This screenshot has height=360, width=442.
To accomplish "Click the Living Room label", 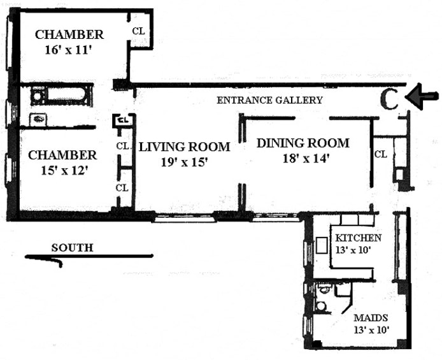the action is tap(185, 147).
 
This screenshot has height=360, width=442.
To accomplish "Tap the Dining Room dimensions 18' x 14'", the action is tap(306, 159).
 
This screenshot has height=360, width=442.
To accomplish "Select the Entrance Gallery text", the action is tap(269, 100).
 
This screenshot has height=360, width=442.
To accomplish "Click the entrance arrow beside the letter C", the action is tap(422, 96).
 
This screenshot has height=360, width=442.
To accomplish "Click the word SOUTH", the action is tap(72, 248).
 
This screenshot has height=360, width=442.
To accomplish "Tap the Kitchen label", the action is tap(358, 238).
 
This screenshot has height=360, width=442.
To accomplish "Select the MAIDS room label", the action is tap(371, 318).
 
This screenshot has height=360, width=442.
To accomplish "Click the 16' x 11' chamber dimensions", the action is tap(69, 50).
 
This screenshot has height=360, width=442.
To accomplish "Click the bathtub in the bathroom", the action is tap(61, 95).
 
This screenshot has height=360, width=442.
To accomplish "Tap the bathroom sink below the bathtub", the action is tap(38, 119).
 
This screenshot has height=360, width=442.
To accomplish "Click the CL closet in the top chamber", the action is tap(138, 31).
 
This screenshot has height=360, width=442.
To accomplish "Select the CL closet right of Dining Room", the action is tap(381, 154).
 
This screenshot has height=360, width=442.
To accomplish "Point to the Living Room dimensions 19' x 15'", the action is tap(184, 162).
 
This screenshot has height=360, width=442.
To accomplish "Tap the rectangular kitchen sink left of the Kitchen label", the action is tap(322, 245).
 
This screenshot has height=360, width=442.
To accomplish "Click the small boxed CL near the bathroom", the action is tap(122, 120).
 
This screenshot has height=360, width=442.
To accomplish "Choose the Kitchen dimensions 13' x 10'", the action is tap(352, 250).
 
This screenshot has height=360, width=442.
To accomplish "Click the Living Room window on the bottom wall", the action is tap(183, 218).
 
